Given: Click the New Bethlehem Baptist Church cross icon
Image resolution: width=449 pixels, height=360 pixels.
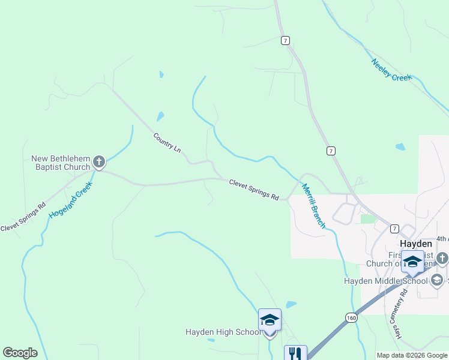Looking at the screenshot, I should [x=99, y=161].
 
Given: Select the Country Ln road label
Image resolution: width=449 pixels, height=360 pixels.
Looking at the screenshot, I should [x=166, y=142].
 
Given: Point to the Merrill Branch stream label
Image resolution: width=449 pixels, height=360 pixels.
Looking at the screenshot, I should [x=313, y=206].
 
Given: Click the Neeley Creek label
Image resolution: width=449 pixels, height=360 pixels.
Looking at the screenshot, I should [x=392, y=70].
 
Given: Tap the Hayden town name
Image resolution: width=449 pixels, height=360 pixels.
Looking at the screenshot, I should [x=415, y=244].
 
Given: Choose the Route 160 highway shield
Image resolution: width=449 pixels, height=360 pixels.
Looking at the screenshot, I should [x=351, y=317].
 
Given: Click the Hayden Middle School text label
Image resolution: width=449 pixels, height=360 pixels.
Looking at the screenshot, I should [x=385, y=281].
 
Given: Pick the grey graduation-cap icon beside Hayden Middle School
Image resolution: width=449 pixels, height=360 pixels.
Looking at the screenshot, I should [x=436, y=280].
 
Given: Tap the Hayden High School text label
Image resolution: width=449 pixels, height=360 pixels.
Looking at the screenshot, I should [x=223, y=332].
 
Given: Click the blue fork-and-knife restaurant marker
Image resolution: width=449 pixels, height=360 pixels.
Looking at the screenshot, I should [x=295, y=353].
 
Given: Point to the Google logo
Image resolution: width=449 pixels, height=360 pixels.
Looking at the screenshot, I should [x=20, y=353].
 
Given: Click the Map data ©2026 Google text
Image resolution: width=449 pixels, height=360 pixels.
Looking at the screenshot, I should [x=412, y=355].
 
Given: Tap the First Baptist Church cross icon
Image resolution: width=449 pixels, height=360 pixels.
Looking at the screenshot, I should [x=442, y=259].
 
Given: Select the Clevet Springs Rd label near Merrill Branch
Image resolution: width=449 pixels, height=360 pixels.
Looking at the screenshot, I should [x=254, y=189].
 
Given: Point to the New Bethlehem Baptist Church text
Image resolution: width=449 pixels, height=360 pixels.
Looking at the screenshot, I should [x=61, y=163].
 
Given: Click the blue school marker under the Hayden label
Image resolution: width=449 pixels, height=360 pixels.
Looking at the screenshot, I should [x=412, y=262].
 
